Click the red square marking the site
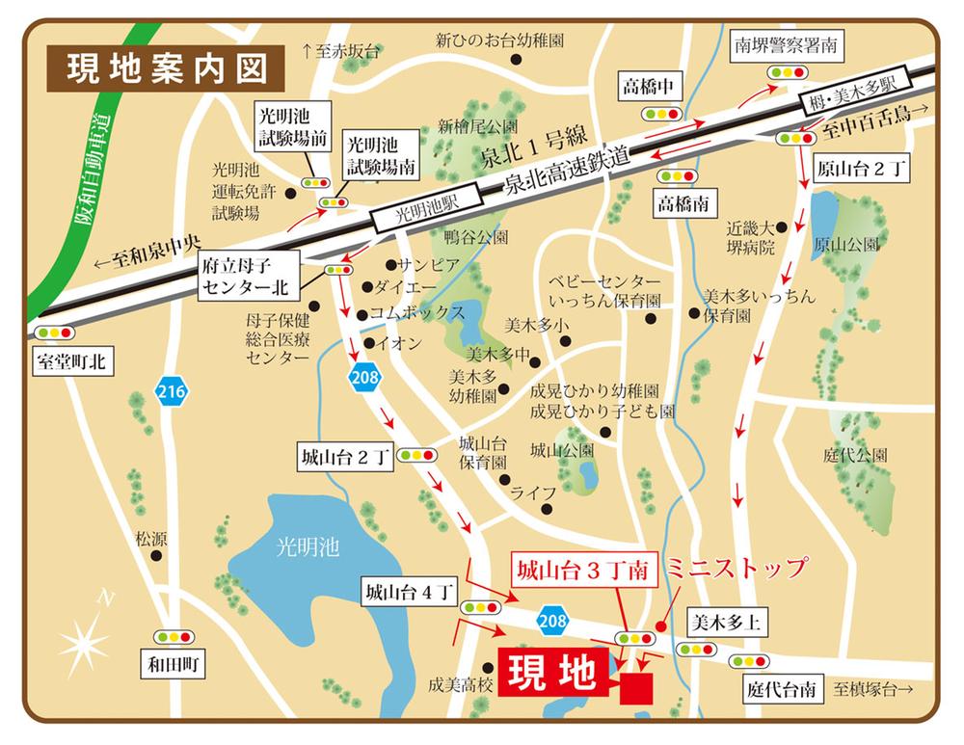(x=636, y=687)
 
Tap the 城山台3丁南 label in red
(x=583, y=570)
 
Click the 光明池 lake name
(x=305, y=546)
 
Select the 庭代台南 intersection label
(x=781, y=689)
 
